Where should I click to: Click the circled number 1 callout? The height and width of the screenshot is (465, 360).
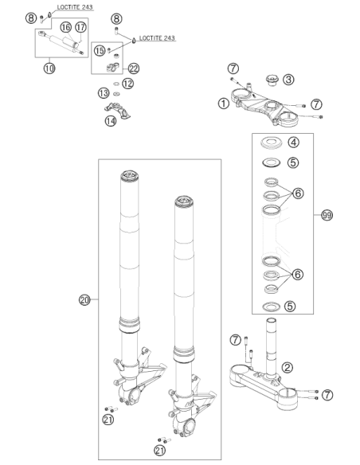[224, 104]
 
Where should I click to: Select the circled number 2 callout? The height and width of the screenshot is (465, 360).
[287, 367]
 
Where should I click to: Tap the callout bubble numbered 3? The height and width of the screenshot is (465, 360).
[288, 79]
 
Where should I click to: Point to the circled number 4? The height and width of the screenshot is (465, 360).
[293, 142]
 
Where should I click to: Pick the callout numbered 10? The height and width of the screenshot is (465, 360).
[49, 68]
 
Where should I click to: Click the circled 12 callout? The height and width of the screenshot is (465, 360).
[127, 84]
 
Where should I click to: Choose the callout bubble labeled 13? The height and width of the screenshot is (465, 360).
[104, 93]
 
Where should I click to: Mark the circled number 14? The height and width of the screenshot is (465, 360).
[111, 121]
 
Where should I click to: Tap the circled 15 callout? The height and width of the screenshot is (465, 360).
[100, 50]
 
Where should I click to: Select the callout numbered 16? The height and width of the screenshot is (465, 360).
[66, 27]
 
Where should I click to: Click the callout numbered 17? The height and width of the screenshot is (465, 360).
[80, 27]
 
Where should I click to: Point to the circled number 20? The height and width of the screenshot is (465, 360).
[84, 300]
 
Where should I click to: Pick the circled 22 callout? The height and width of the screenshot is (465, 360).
[134, 68]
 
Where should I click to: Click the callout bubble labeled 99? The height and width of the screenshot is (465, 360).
[327, 215]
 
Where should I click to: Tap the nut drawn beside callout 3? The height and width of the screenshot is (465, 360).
[272, 80]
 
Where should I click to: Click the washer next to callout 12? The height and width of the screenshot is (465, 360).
[116, 84]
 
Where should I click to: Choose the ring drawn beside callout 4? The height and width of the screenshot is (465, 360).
[271, 143]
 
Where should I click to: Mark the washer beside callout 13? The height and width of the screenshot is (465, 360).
[116, 94]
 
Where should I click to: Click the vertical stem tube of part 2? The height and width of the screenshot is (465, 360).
[271, 348]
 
